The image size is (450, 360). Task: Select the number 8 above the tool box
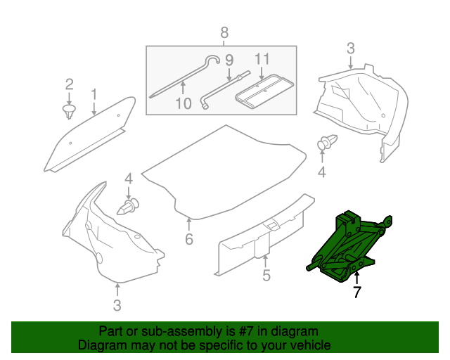[x=224, y=32]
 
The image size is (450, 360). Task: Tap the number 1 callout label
[x=93, y=94]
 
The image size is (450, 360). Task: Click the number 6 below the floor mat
[x=188, y=240]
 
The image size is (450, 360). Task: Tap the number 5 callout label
[x=266, y=276]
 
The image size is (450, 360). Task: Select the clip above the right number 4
[x=326, y=142]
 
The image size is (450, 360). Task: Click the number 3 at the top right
[x=350, y=49]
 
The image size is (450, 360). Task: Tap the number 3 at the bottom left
[x=117, y=304]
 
